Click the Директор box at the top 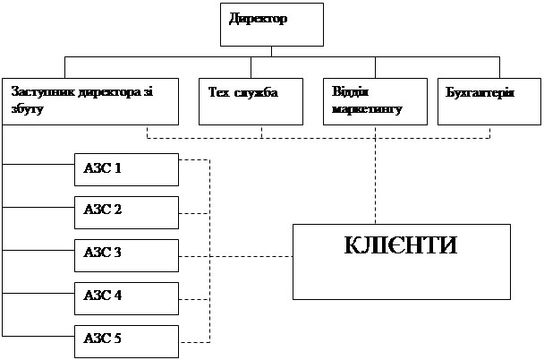tap(272, 25)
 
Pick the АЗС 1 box tap(126, 169)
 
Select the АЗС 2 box tap(126, 212)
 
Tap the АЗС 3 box tap(126, 255)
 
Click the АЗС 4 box tap(126, 296)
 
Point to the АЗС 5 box tap(126, 339)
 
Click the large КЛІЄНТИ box tap(402, 261)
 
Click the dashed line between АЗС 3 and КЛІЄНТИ tap(251, 256)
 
